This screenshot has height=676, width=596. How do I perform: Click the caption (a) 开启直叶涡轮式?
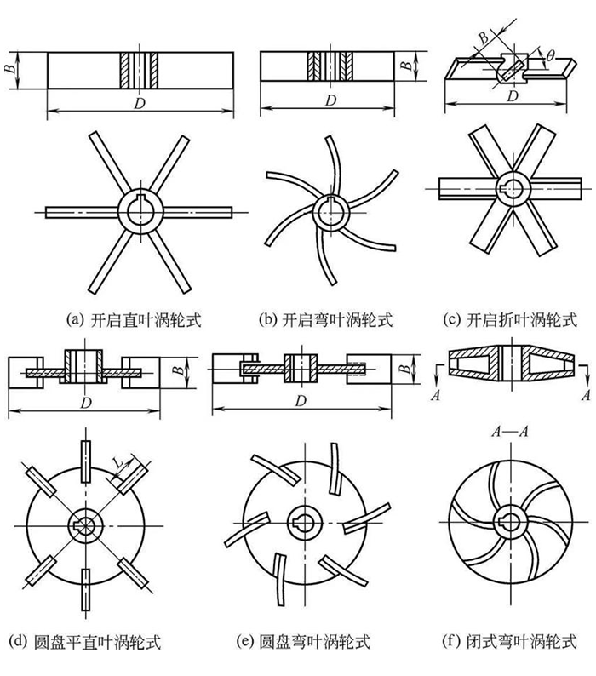pos(140,320)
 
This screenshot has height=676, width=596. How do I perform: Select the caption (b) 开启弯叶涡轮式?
pos(327,320)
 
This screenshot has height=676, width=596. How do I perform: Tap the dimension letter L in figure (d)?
pos(116,465)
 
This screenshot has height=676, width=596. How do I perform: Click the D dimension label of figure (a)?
pos(139,101)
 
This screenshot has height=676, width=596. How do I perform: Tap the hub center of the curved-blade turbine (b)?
pos(329,209)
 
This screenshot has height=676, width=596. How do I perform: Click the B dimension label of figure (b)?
pos(408,63)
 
